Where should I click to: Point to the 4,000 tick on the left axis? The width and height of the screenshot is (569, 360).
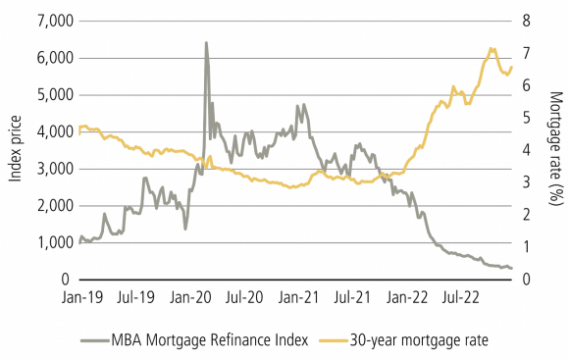[53, 131]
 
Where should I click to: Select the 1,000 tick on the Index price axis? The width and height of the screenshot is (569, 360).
[53, 242]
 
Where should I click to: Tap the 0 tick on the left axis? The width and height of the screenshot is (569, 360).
[67, 280]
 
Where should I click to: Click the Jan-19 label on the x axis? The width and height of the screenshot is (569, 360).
[80, 295]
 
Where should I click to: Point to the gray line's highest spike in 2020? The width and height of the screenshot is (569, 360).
[205, 43]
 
